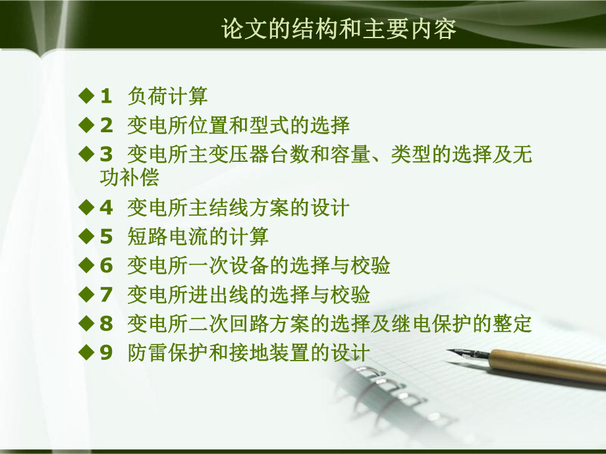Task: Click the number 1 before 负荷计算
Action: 106,97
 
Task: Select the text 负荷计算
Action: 167,97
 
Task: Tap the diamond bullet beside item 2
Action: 86,124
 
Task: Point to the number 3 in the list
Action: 106,155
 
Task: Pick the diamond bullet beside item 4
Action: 86,207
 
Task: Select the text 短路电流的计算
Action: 198,236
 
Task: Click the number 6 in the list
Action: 106,266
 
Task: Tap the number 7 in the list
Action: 106,294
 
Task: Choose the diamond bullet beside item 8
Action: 86,323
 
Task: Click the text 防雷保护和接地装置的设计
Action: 248,352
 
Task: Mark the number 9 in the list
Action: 106,353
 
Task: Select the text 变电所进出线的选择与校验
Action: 248,294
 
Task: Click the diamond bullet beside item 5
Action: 86,236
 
